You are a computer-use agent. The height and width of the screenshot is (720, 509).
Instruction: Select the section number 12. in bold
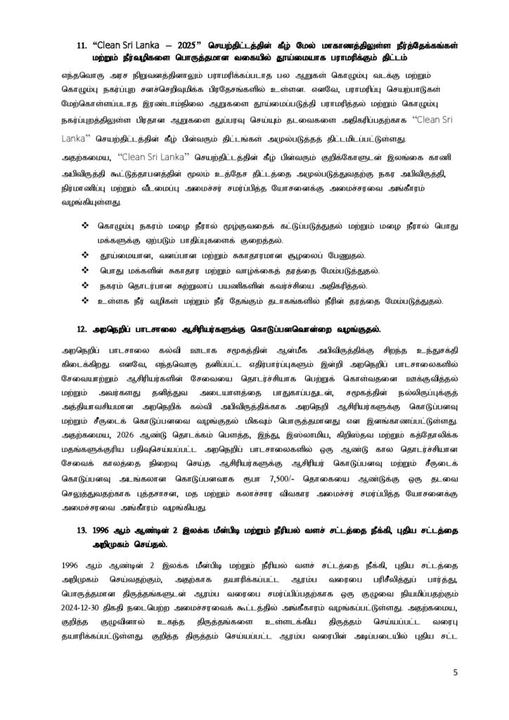(82, 328)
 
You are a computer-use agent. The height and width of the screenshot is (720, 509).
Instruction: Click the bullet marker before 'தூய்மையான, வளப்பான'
(85, 256)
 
